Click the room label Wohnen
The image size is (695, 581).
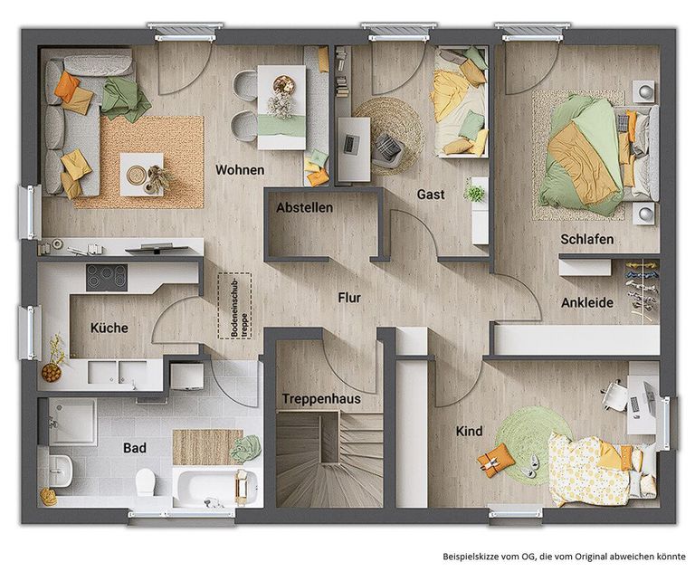[240, 170]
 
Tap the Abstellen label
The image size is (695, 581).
[304, 207]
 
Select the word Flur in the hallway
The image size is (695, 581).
[349, 298]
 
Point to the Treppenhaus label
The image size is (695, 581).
[321, 399]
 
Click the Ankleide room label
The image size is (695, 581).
[587, 302]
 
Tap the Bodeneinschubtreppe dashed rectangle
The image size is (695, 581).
[234, 306]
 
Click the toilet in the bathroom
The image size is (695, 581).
[145, 482]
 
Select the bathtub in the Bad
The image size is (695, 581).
[215, 486]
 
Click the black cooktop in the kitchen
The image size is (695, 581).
[107, 278]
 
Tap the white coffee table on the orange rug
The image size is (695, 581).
[142, 174]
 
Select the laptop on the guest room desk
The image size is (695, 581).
[350, 144]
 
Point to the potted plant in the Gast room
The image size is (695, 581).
[475, 194]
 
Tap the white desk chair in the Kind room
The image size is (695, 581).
[614, 394]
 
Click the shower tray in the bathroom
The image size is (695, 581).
[72, 422]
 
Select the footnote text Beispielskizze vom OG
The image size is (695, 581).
[489, 557]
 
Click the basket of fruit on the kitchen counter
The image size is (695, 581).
[52, 373]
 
